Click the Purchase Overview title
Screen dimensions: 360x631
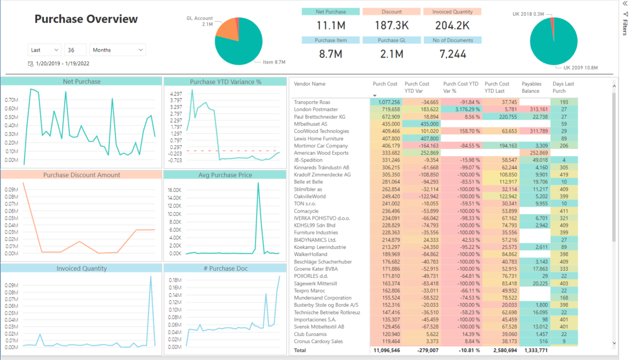pyautogui.click(x=86, y=19)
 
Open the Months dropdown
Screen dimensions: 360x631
pyautogui.click(x=118, y=50)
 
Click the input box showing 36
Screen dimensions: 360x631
pyautogui.click(x=75, y=50)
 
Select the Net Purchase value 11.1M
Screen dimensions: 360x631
pyautogui.click(x=330, y=25)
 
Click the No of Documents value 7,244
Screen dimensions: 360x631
pyautogui.click(x=452, y=54)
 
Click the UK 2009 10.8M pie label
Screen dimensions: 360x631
pyautogui.click(x=580, y=68)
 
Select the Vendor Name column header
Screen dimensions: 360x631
pyautogui.click(x=309, y=84)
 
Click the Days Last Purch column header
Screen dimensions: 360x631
pyautogui.click(x=564, y=87)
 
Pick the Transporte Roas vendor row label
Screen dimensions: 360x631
pyautogui.click(x=312, y=102)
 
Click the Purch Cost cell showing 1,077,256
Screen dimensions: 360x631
pyautogui.click(x=386, y=102)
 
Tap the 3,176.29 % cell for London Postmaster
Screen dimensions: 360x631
pyautogui.click(x=462, y=110)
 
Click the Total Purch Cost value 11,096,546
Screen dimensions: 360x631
pyautogui.click(x=386, y=350)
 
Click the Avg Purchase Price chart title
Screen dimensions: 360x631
pyautogui.click(x=225, y=175)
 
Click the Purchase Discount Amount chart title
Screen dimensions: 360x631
pyautogui.click(x=82, y=175)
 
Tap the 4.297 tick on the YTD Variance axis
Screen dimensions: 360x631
pyautogui.click(x=176, y=94)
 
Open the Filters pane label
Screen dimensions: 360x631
pyautogui.click(x=625, y=27)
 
